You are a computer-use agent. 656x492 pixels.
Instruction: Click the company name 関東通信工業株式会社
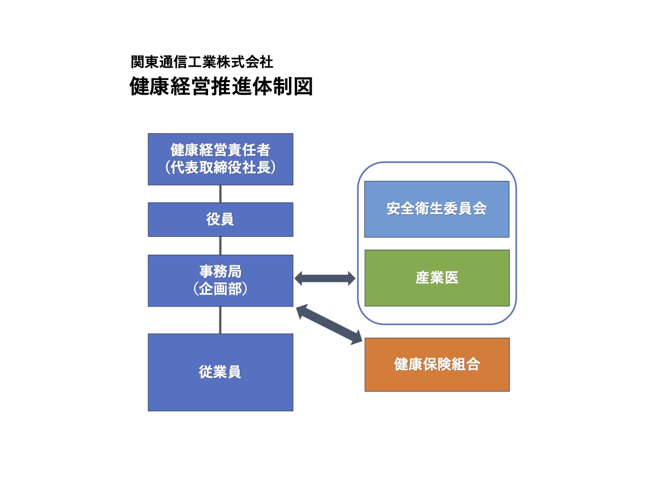pos(202,62)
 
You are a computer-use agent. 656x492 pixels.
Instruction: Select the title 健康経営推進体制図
pos(221,86)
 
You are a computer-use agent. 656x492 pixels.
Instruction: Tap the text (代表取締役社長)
pos(220,168)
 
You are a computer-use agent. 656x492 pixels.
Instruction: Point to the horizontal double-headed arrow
pos(325,279)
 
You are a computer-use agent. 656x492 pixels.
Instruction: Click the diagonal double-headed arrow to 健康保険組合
pos(329,324)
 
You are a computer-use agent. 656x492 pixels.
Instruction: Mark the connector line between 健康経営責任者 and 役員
pos(220,194)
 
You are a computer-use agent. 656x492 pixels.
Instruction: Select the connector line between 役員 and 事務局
pos(220,245)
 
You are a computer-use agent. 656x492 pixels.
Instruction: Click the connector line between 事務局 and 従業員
pos(220,320)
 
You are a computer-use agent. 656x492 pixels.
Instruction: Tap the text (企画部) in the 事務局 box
pos(220,289)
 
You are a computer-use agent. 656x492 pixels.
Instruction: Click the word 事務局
pos(220,271)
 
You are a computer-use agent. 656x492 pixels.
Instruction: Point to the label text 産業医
pos(437,278)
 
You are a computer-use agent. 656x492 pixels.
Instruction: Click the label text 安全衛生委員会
pos(437,209)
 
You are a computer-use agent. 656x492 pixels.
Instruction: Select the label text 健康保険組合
pos(437,364)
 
